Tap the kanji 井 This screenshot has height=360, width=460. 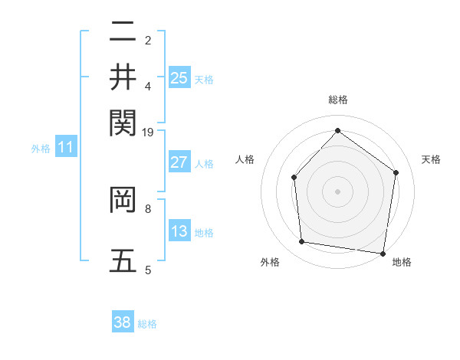[123, 77]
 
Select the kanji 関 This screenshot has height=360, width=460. [123, 121]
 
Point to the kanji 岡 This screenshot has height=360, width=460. [123, 200]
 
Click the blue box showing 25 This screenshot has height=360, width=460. [179, 77]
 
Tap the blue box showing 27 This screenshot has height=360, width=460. [179, 162]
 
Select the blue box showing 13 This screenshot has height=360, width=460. [179, 231]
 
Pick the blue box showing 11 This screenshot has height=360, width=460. [65, 147]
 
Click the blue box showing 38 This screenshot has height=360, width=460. [123, 322]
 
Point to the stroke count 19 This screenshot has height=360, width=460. [148, 133]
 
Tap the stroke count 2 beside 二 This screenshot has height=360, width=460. [148, 41]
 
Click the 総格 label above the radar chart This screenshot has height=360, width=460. [337, 100]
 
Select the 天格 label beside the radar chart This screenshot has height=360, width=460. [431, 159]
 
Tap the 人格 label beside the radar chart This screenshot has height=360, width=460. [245, 159]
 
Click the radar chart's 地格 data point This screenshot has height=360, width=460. [383, 253]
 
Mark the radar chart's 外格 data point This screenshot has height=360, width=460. [302, 242]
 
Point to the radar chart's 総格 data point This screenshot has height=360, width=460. [337, 130]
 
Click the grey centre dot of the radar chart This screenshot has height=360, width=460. [337, 191]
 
